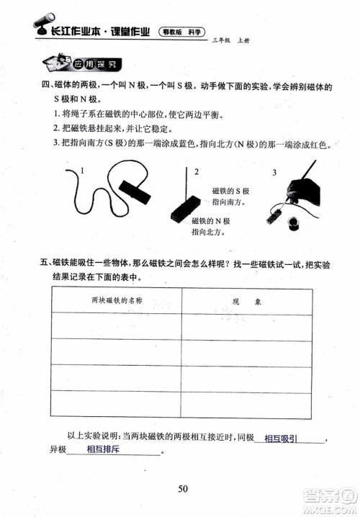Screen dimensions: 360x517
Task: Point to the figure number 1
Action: [x=84, y=171]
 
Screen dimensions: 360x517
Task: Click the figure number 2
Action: [x=197, y=171]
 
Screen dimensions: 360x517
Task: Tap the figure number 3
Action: [x=274, y=173]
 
